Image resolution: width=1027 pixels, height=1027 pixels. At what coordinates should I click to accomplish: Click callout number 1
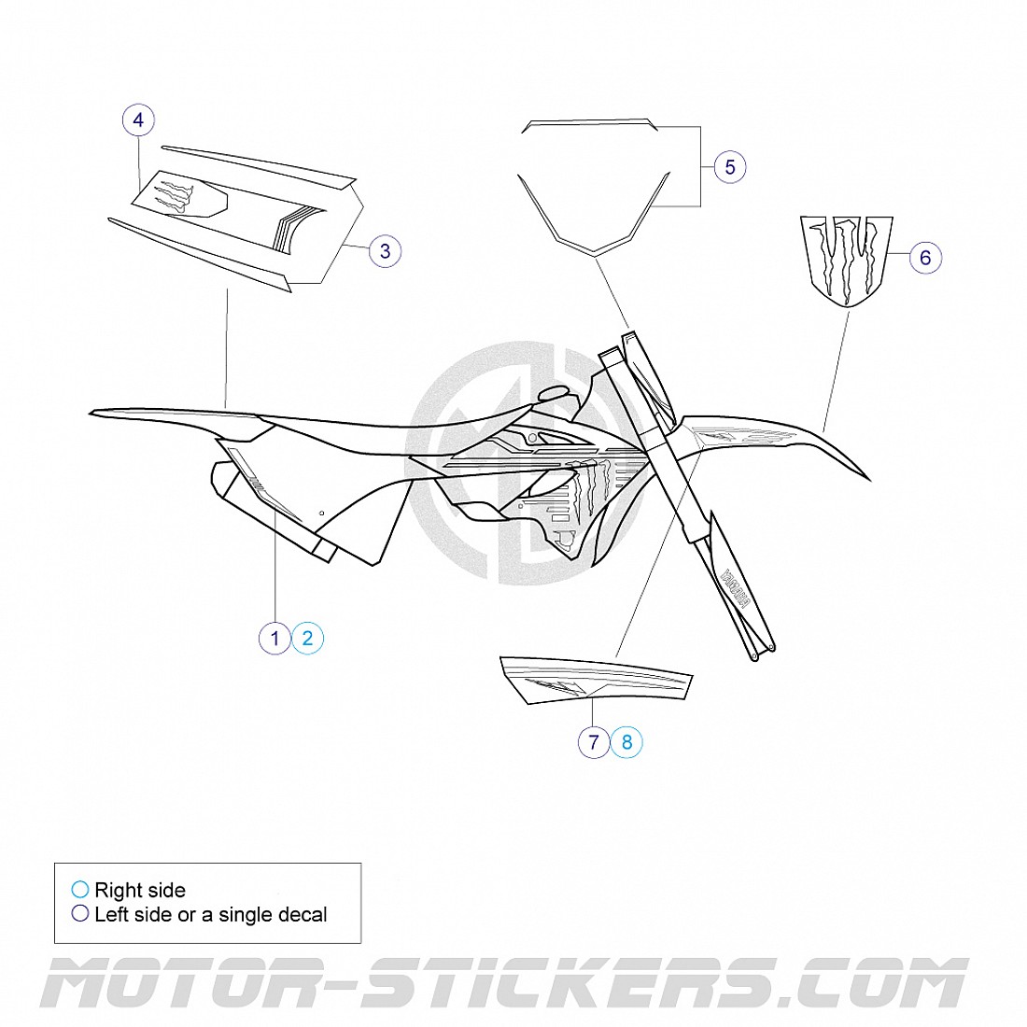(x=274, y=639)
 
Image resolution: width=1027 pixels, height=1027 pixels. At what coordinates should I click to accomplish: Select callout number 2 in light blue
(x=307, y=639)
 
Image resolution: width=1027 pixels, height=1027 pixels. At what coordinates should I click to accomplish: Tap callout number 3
(x=385, y=250)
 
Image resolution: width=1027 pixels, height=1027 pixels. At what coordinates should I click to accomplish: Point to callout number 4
(x=138, y=120)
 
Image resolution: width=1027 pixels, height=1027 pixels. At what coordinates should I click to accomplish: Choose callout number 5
(x=730, y=167)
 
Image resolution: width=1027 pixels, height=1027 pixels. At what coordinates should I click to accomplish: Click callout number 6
(x=925, y=257)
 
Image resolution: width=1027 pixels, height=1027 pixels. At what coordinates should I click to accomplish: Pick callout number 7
(x=594, y=742)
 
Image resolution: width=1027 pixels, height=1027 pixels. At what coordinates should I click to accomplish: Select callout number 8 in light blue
(x=626, y=742)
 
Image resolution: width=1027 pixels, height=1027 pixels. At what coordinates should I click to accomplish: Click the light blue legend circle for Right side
(x=80, y=890)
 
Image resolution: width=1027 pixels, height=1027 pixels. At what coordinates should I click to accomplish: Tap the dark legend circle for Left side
(x=80, y=914)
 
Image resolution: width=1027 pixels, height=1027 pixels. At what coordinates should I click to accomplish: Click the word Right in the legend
(x=116, y=891)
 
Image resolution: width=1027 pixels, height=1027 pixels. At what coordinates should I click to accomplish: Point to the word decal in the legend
(x=300, y=915)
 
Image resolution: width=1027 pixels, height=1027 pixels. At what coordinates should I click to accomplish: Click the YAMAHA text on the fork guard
(x=734, y=588)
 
